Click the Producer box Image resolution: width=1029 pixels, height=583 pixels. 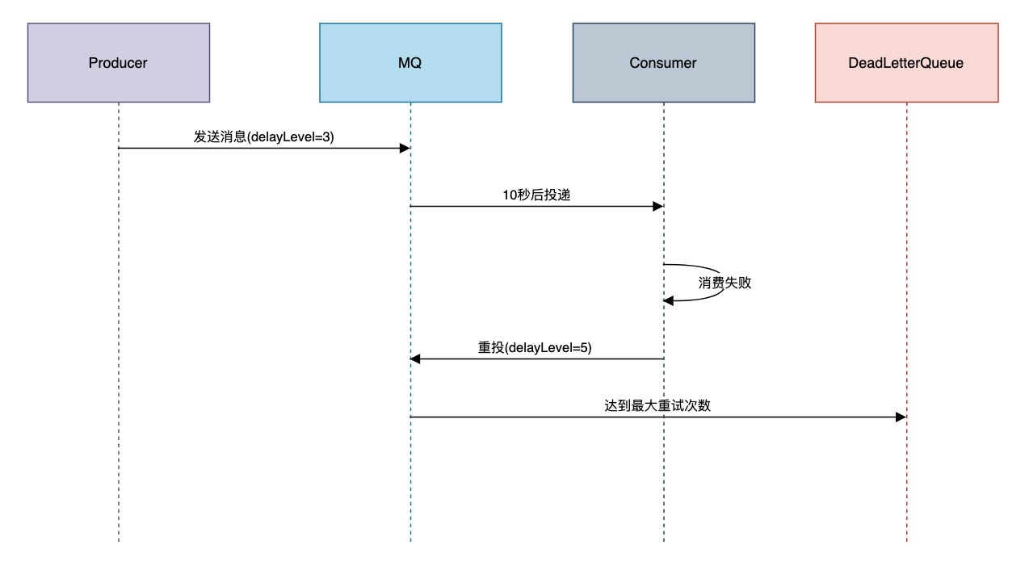pyautogui.click(x=119, y=63)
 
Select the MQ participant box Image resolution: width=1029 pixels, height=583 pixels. pyautogui.click(x=410, y=63)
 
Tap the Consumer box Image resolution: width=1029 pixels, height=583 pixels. pyautogui.click(x=664, y=63)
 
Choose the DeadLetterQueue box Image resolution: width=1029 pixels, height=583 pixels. pyautogui.click(x=907, y=63)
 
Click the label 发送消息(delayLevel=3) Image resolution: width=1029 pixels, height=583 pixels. pyautogui.click(x=263, y=137)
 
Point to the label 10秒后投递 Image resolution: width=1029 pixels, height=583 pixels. pyautogui.click(x=536, y=195)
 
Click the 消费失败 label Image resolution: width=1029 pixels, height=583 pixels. pyautogui.click(x=724, y=283)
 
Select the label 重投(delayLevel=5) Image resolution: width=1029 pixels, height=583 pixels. pyautogui.click(x=535, y=347)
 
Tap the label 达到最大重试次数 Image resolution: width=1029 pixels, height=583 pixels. pyautogui.click(x=657, y=405)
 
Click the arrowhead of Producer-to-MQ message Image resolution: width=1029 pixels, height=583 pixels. pyautogui.click(x=405, y=148)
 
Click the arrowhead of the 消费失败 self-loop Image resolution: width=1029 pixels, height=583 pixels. pyautogui.click(x=669, y=301)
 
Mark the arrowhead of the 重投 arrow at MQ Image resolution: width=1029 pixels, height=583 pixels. pyautogui.click(x=415, y=359)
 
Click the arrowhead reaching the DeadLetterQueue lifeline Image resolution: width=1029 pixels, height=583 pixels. pyautogui.click(x=901, y=417)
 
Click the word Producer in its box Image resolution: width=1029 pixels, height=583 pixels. pyautogui.click(x=118, y=63)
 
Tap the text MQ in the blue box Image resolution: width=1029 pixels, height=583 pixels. pyautogui.click(x=409, y=63)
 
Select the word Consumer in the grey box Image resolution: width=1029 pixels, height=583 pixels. pyautogui.click(x=663, y=63)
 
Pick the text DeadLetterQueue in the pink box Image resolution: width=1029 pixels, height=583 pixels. pyautogui.click(x=906, y=63)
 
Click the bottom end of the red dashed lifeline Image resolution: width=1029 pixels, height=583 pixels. pyautogui.click(x=907, y=542)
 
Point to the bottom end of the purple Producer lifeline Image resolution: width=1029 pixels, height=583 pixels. pyautogui.click(x=119, y=542)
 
